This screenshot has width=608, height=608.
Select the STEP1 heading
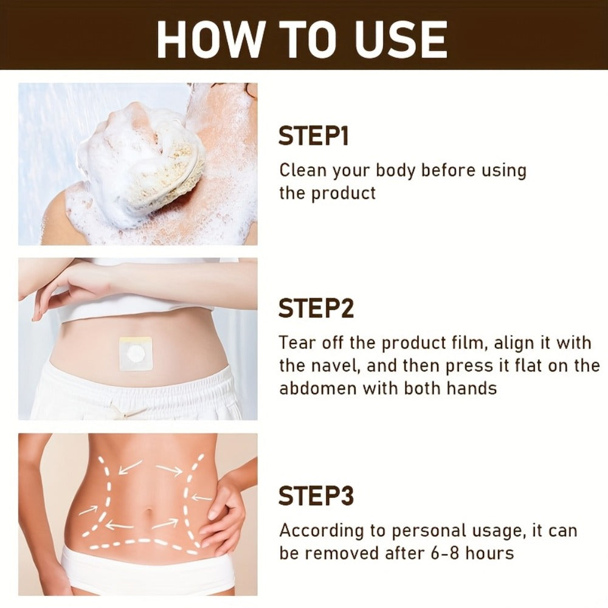(313, 136)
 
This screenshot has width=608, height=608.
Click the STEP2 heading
(316, 308)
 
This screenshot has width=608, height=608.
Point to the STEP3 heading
(316, 496)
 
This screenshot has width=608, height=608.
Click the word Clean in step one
(303, 170)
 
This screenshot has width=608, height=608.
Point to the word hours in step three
(489, 553)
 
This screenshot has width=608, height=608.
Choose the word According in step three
(322, 531)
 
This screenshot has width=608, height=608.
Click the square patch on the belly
(136, 353)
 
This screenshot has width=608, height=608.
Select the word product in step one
(344, 193)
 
